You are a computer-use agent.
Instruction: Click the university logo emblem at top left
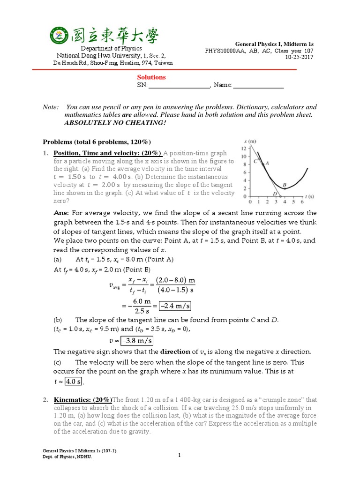60,36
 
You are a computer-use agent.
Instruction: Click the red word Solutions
151,77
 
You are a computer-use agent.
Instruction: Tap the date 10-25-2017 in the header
300,57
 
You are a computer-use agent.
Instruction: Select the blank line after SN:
179,85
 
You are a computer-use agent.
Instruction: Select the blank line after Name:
258,85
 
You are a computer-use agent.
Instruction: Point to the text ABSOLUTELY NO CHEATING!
115,122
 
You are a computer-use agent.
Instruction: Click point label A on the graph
267,163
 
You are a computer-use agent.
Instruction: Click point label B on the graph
285,185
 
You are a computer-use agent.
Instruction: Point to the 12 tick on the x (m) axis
243,149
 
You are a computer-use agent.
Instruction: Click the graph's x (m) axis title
250,142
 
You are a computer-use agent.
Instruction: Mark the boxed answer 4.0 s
73,382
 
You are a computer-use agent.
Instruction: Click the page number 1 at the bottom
180,454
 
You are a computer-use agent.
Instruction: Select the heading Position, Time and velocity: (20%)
108,153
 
